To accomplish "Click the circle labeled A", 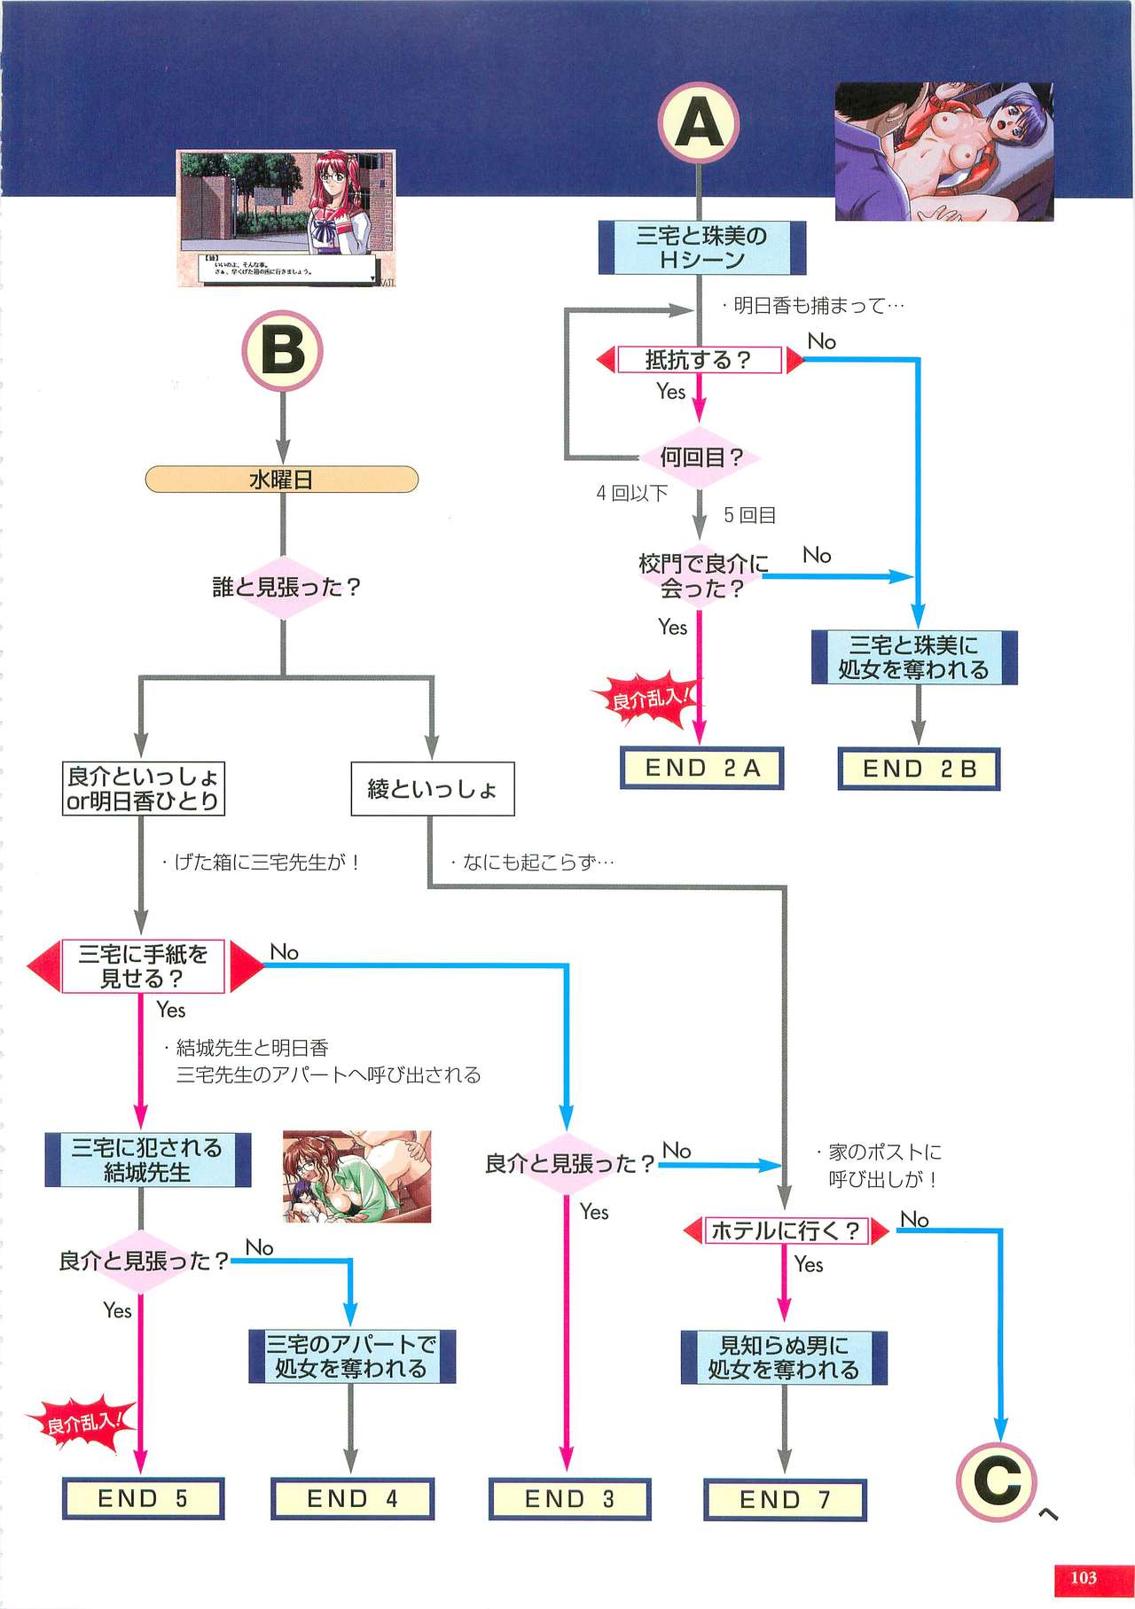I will [x=699, y=122].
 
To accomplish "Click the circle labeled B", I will [x=282, y=350].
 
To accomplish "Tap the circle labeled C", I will [x=997, y=1481].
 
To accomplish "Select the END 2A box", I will [x=701, y=768].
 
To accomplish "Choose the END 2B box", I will [x=919, y=769].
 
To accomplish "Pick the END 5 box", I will [x=143, y=1498].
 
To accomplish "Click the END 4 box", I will [x=352, y=1498].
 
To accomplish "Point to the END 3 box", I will [x=569, y=1498].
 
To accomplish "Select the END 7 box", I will [x=785, y=1499].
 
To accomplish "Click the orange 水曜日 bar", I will [x=281, y=480].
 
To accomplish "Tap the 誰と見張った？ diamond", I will [x=285, y=587].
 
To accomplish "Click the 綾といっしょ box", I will [x=432, y=788].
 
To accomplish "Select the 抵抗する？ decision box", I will [x=699, y=360].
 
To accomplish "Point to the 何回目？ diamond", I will [x=700, y=457].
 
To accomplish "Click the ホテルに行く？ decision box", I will [x=786, y=1230].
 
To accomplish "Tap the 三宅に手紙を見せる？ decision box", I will [x=144, y=966].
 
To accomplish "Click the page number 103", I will [x=1083, y=1577].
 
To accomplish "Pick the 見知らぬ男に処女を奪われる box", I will [x=784, y=1357].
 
